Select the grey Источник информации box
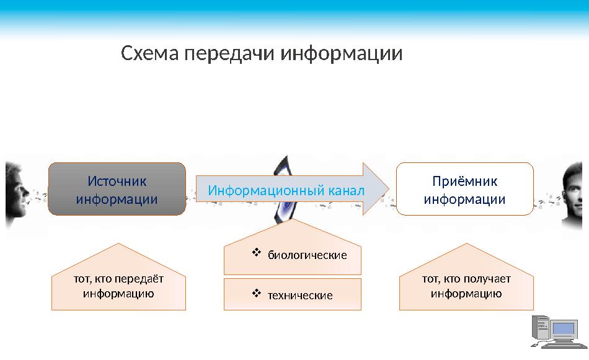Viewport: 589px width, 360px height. pos(117,189)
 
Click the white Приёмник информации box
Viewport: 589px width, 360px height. pos(464,189)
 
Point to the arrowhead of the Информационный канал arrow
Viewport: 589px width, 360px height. pos(376,189)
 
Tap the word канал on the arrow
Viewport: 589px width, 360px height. pos(348,190)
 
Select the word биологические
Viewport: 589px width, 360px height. pos(307,255)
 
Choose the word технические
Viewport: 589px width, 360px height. pos(299,296)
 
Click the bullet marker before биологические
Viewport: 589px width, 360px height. pos(256,253)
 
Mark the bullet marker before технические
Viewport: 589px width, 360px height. pos(256,293)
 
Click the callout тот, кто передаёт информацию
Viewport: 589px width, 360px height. pos(118,286)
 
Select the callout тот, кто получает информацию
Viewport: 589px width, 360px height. pos(466,286)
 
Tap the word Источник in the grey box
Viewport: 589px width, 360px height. pos(117,182)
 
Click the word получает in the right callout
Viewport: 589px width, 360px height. pos(487,279)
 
